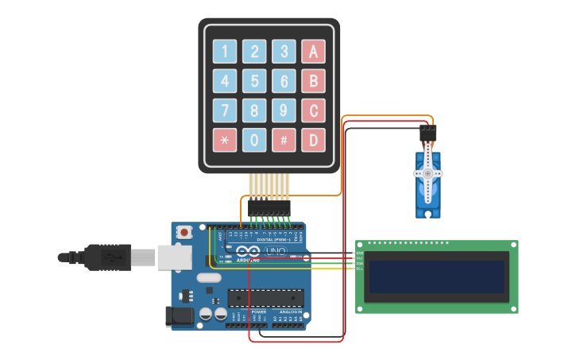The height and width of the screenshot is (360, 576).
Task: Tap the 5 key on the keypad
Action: (x=254, y=81)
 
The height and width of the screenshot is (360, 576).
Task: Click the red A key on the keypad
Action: (x=313, y=52)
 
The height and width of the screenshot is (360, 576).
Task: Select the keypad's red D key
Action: (x=313, y=141)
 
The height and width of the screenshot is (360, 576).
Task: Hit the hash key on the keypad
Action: (x=284, y=141)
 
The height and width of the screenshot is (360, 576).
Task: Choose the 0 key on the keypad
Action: (x=254, y=141)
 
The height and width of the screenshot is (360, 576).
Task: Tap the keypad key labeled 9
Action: (x=284, y=110)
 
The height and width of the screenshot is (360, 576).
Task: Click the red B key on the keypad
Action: (x=313, y=81)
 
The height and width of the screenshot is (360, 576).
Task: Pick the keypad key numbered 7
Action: (x=224, y=110)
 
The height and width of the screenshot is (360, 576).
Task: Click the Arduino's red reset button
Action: (x=184, y=232)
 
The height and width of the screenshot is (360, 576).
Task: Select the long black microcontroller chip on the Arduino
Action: (x=265, y=298)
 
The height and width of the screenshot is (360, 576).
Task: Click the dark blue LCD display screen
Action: (x=436, y=277)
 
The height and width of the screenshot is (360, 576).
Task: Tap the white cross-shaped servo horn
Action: (x=427, y=173)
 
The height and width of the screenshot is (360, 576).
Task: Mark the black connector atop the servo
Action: (x=428, y=133)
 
